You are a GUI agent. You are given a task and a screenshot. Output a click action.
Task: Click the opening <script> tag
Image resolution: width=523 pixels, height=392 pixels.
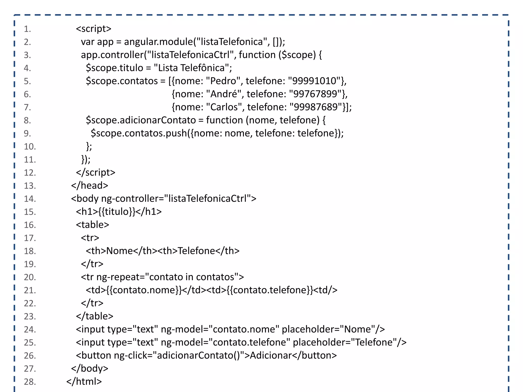tap(93, 29)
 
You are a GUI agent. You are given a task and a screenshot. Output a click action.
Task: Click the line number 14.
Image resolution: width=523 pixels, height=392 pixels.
tap(30, 199)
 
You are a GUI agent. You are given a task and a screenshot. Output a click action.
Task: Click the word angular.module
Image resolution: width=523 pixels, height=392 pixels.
tap(158, 42)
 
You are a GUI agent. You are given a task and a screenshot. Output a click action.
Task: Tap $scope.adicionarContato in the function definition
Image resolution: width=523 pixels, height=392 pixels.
tap(141, 120)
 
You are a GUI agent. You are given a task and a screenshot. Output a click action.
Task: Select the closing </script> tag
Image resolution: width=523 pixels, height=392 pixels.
tap(96, 173)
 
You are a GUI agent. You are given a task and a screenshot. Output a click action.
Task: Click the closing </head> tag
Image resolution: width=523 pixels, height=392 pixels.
tap(90, 186)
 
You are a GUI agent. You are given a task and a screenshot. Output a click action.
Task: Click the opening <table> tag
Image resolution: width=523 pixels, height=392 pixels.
tap(92, 225)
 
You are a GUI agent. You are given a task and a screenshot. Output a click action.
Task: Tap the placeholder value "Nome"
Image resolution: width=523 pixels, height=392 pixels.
tap(358, 329)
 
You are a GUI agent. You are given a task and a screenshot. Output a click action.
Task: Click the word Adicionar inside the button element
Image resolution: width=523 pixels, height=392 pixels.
tap(271, 356)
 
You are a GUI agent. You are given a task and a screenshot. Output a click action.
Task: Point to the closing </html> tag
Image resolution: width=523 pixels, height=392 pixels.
tap(84, 382)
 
